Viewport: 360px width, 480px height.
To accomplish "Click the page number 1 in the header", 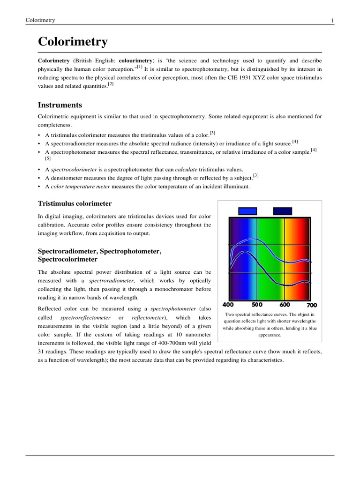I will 332,20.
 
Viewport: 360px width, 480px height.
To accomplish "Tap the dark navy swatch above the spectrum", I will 282,211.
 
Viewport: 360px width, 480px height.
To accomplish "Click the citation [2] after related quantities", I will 111,84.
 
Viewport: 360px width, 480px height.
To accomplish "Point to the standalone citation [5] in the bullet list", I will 48,158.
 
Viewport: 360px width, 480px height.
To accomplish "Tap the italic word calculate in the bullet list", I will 186,169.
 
